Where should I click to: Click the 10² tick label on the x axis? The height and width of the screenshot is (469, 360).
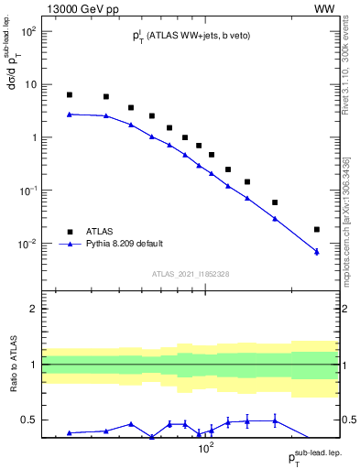point(206,449)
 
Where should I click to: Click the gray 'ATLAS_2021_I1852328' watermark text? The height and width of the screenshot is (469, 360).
point(191,275)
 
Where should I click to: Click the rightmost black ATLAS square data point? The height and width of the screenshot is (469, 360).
point(316,230)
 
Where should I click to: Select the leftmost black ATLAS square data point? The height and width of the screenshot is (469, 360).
point(69,95)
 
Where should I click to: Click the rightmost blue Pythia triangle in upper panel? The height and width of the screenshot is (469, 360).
point(316,251)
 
